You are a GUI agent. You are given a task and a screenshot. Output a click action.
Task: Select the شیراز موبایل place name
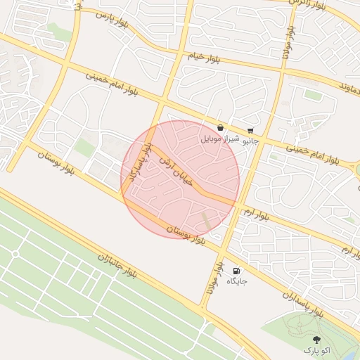click(x=221, y=139)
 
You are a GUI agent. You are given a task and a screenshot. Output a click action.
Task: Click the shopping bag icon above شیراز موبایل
click(x=221, y=128)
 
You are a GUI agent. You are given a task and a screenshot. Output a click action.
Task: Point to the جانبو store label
click(x=250, y=141)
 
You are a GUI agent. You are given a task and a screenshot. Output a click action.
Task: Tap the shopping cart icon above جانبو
click(x=250, y=130)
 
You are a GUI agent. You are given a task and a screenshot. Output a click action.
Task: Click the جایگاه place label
click(x=236, y=281)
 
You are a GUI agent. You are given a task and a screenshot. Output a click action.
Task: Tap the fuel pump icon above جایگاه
click(x=236, y=271)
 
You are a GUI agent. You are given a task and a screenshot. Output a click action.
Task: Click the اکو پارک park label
click(x=316, y=349)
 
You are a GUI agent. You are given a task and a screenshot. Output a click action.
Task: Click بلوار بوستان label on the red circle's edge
click(x=186, y=235)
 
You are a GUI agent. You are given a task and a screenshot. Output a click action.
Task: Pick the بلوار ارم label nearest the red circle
click(x=257, y=212)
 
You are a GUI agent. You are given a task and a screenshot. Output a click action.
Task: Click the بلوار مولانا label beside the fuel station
click(x=212, y=279)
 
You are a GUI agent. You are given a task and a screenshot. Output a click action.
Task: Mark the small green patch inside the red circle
click(x=205, y=220)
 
